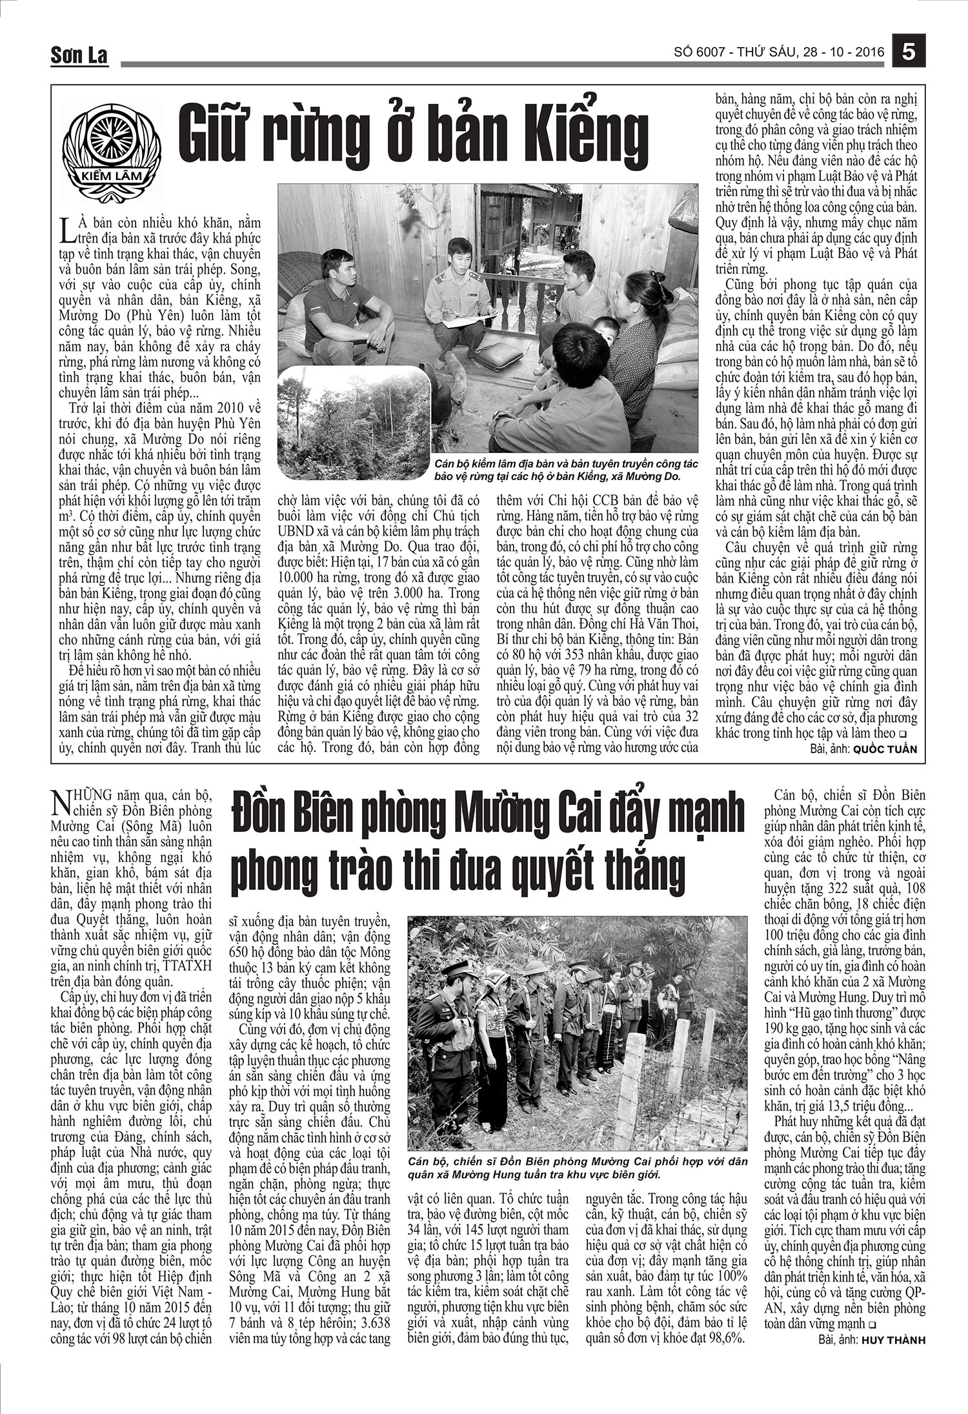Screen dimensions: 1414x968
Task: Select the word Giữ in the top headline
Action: (x=223, y=134)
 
